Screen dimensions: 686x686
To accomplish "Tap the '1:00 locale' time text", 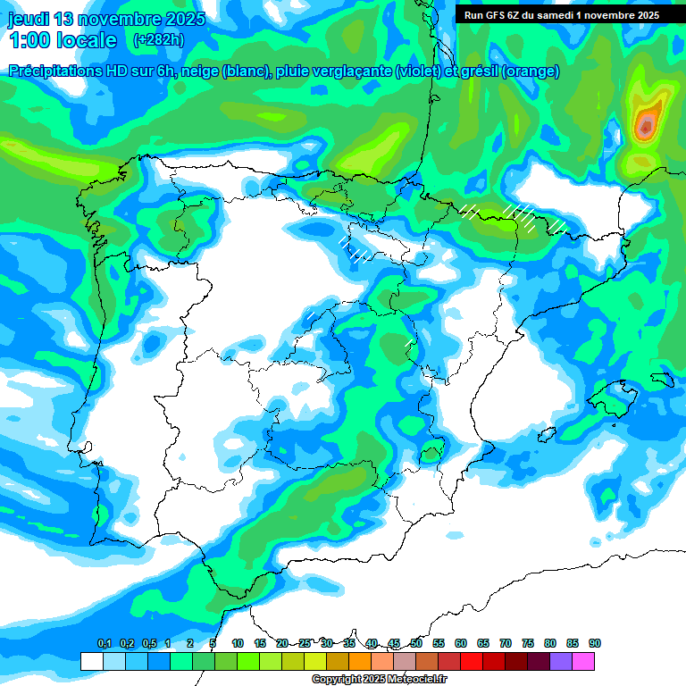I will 63,40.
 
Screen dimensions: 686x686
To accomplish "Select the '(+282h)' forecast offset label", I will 158,40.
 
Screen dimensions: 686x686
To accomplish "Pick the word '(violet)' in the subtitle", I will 425,71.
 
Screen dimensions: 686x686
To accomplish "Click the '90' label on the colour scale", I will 595,643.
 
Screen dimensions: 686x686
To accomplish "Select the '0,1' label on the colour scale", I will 104,643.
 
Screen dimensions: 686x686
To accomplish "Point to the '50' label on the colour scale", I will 416,643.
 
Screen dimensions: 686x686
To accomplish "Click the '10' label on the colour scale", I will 238,643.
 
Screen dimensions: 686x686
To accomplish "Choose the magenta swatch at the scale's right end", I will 583,661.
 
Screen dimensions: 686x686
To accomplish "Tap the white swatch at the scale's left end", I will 91,661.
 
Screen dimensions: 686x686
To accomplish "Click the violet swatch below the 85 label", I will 561,661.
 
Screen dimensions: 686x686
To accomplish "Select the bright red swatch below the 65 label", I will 472,661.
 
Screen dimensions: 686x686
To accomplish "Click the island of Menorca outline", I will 663,379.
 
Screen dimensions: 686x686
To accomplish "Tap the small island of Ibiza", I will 544,434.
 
